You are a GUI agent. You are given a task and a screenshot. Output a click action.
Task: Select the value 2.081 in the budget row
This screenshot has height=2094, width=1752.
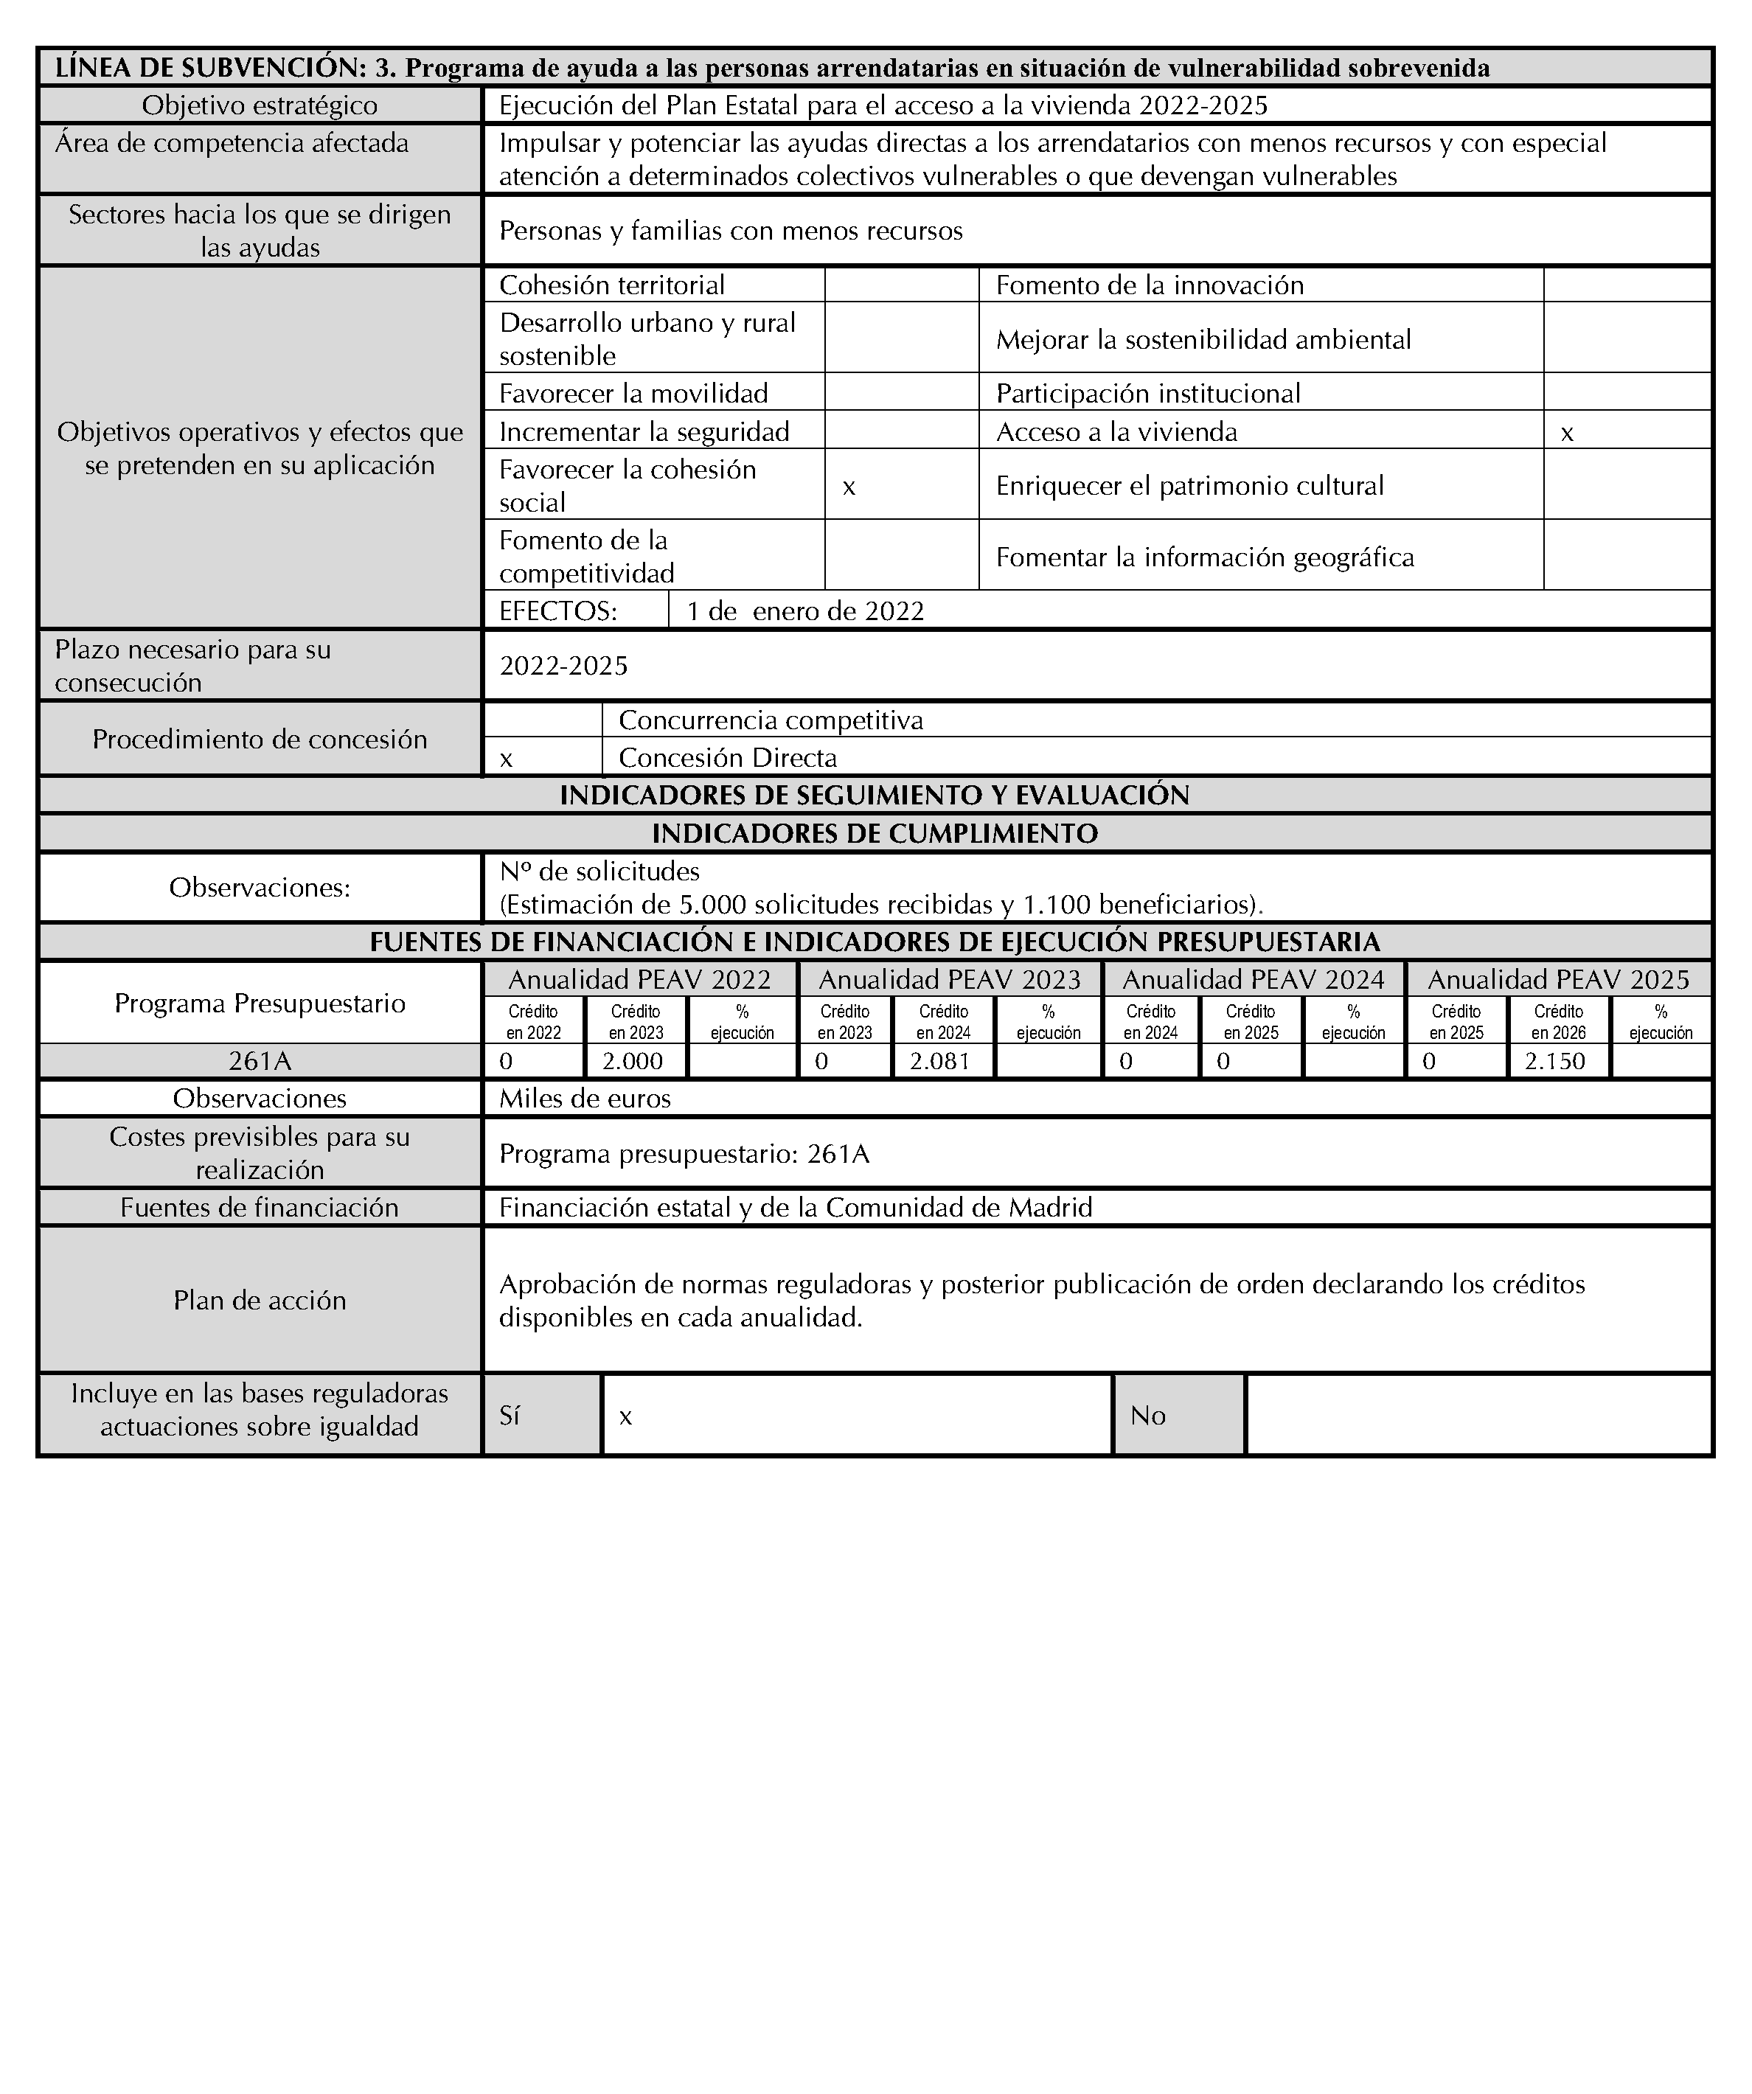pos(939,1061)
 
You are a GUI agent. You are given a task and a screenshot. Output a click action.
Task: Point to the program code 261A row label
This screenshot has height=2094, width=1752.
pos(260,1061)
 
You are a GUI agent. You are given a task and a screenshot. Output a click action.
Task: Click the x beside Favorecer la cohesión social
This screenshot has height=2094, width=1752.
pos(849,486)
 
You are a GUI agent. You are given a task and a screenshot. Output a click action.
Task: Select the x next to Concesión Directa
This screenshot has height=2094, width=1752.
pos(507,758)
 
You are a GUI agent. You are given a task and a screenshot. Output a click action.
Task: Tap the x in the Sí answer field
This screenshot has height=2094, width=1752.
pos(625,1416)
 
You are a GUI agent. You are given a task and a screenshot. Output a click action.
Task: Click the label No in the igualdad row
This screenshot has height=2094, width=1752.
pos(1148,1416)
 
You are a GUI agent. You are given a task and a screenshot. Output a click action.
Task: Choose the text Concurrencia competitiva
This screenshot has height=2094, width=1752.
pos(771,720)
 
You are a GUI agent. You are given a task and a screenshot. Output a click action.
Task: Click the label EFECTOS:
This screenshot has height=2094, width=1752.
pos(558,611)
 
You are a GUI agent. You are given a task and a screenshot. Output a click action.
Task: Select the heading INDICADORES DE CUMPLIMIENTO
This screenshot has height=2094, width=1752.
pos(875,834)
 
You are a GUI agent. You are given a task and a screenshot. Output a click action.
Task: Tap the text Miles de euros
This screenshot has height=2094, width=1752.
pos(585,1098)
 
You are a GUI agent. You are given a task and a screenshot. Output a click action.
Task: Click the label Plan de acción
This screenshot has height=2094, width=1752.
pos(260,1301)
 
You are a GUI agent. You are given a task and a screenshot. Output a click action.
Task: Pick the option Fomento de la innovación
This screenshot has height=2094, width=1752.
pos(1150,285)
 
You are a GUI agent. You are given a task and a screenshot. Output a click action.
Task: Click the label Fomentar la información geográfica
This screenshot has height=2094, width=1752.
pos(1205,557)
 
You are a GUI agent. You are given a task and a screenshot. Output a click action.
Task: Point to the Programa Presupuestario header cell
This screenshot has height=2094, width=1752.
pos(260,1003)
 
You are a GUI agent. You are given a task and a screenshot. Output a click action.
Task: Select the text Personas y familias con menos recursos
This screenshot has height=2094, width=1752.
pos(731,232)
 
